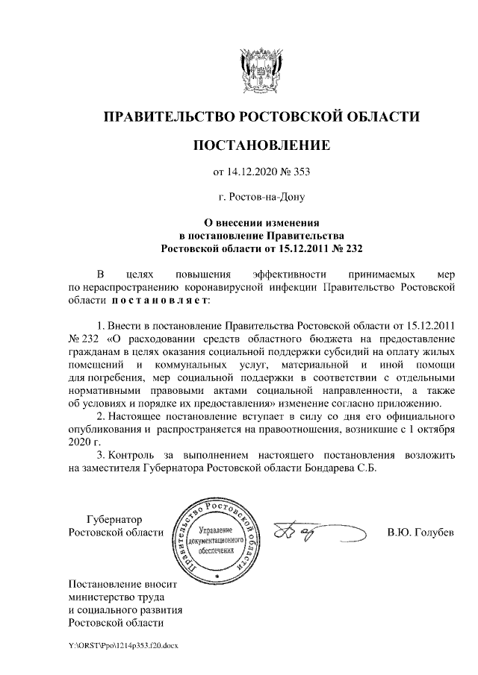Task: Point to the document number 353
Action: (x=299, y=173)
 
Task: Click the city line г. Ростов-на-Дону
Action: (x=261, y=198)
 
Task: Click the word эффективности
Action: (x=288, y=272)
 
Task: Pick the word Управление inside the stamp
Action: (x=215, y=527)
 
